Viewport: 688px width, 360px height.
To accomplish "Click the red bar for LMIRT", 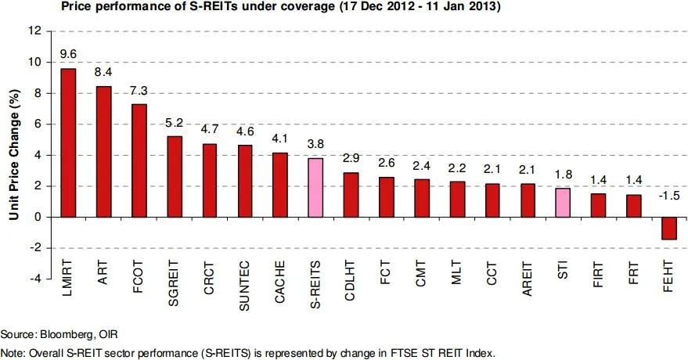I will tap(68, 142).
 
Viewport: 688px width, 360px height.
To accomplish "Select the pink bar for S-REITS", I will tap(315, 188).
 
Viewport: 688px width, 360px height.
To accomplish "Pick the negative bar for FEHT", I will tap(669, 228).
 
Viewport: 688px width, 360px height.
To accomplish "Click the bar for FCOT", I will tap(139, 160).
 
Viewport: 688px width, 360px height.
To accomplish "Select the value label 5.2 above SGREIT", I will tap(175, 123).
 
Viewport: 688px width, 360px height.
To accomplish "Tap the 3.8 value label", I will tap(315, 145).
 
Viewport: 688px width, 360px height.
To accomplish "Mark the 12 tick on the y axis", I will tap(35, 31).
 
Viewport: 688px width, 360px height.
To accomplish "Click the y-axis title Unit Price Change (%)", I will tap(13, 155).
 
